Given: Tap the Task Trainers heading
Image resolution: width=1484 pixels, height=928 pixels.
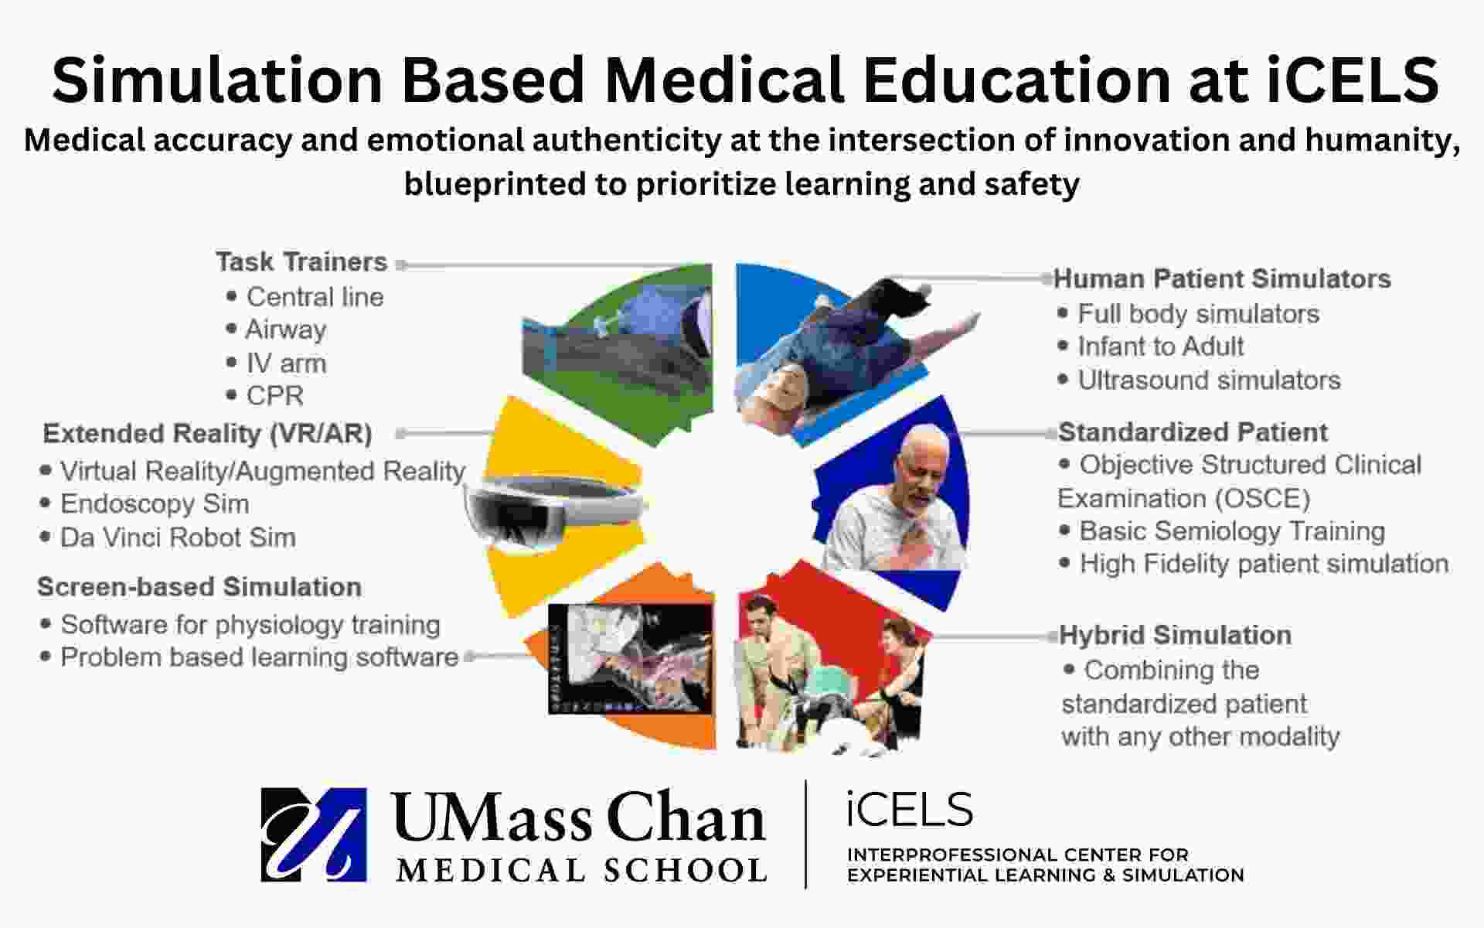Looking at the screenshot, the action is coord(301,262).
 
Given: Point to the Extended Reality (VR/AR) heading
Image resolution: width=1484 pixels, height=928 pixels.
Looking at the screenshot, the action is coord(208,434).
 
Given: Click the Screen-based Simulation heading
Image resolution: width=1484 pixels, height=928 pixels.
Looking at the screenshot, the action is coord(199,587).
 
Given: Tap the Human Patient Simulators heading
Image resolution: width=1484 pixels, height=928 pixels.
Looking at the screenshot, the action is coord(1222,278).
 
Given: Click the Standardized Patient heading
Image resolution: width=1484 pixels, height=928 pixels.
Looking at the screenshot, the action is coord(1193,432).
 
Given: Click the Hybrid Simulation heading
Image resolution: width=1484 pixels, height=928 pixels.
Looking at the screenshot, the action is coord(1175,635).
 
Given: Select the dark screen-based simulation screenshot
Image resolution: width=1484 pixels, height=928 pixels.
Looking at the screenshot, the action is coord(631,658).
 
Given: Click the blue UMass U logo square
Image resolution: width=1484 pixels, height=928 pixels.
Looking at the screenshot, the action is coord(314,835).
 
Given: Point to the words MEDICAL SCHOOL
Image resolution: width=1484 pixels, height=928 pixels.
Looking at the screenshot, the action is coord(581,870).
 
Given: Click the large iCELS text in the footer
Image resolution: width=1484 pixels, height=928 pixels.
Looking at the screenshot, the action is coord(910,810).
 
